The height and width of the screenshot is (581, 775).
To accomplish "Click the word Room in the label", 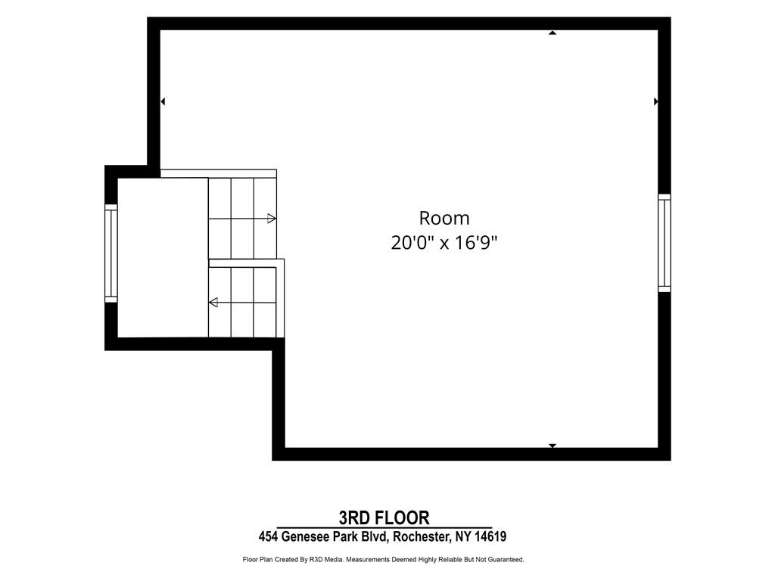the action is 444,218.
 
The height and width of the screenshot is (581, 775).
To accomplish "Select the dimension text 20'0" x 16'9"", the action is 444,243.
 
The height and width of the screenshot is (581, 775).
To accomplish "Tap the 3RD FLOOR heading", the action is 384,517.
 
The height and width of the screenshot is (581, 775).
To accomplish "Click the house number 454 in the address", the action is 268,536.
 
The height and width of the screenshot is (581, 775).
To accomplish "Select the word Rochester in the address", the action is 420,536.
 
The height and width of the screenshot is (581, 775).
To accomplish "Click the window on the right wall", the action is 665,243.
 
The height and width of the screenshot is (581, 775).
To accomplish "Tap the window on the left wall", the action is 110,253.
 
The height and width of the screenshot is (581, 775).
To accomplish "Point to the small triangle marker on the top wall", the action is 552,33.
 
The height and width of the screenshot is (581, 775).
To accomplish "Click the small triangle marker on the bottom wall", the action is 552,446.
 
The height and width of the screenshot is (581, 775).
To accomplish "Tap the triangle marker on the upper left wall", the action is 163,101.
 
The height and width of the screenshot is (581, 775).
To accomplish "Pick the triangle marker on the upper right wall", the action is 656,101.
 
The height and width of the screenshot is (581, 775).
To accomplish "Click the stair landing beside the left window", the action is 163,257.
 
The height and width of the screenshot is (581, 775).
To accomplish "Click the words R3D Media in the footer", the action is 326,560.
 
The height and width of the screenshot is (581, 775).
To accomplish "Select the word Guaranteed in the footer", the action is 506,560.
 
